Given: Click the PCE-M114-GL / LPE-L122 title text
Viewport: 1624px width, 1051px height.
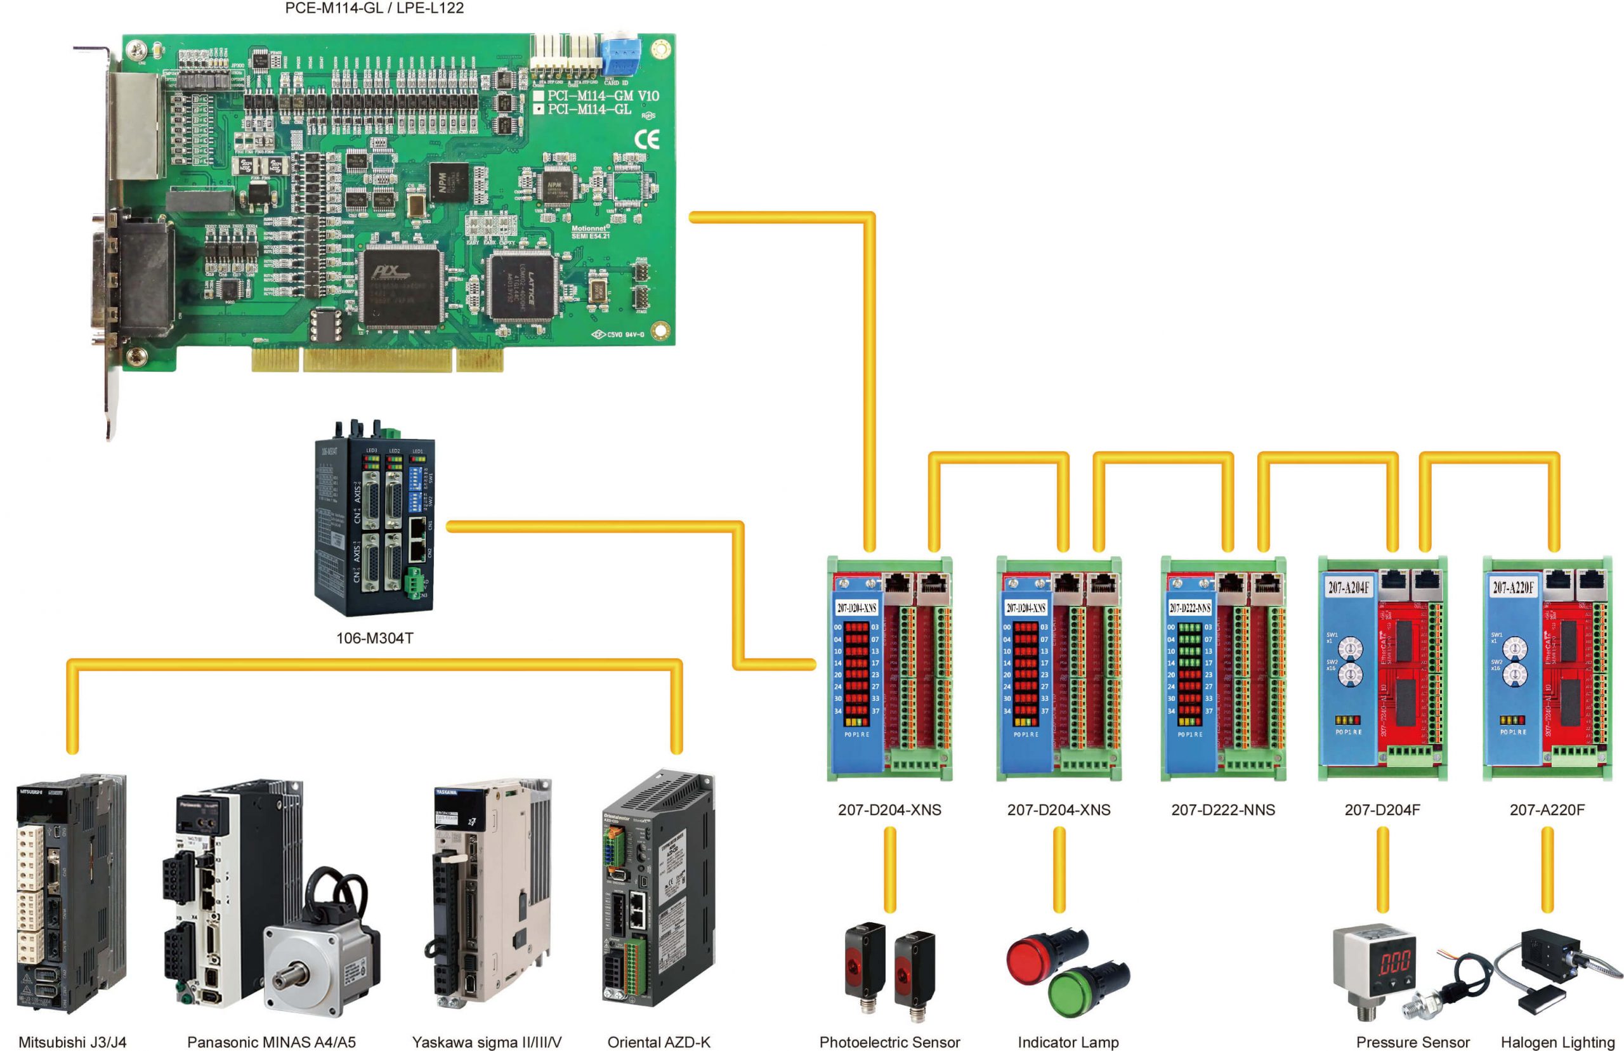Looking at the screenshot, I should (x=374, y=8).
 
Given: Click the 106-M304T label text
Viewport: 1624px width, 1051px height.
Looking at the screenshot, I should (x=375, y=638).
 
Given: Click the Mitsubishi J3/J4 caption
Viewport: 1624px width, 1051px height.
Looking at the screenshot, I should (x=72, y=1042).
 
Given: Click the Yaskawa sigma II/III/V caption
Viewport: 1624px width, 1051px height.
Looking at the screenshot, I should (x=487, y=1042).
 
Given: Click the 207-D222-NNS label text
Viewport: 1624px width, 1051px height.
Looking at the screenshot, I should (x=1223, y=810).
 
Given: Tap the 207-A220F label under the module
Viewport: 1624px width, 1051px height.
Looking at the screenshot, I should (x=1547, y=810).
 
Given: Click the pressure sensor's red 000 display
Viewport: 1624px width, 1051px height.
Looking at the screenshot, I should (x=1395, y=963).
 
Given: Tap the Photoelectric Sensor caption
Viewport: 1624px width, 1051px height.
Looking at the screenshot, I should (x=889, y=1042).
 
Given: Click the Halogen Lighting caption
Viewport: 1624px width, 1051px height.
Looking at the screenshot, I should (x=1557, y=1042).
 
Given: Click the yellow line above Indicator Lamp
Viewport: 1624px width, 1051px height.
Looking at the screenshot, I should (x=1059, y=870).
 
